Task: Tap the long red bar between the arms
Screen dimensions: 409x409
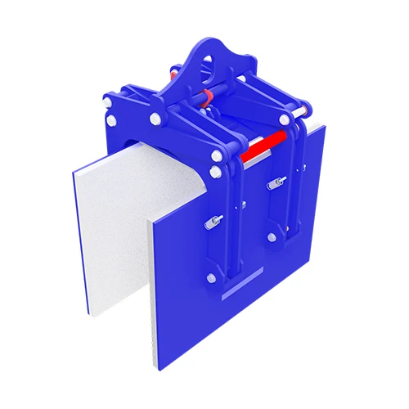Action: coord(263,146)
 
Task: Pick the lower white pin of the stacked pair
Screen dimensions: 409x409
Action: coord(215,172)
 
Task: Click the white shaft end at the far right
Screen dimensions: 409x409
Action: coord(306,110)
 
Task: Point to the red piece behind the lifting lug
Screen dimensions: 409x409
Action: coord(174,75)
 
